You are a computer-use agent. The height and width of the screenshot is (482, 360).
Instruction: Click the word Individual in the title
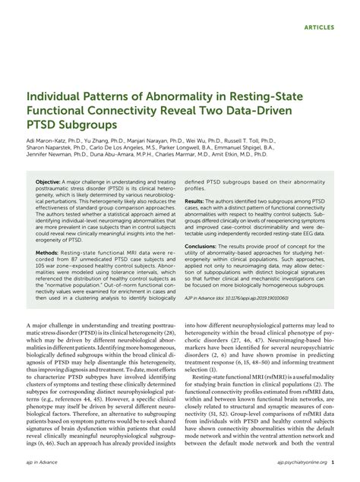click(x=55, y=98)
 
